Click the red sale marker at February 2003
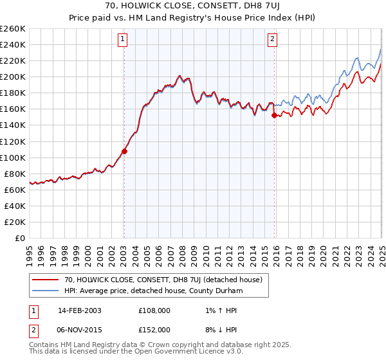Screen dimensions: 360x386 click(124, 152)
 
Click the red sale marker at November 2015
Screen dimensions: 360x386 click(274, 116)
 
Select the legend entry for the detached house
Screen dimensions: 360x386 click(163, 280)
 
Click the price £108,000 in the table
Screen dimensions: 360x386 click(154, 310)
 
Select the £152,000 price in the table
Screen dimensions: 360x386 click(154, 329)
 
